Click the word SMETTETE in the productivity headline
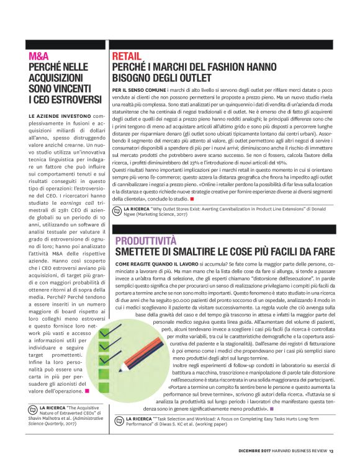[140, 253]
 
